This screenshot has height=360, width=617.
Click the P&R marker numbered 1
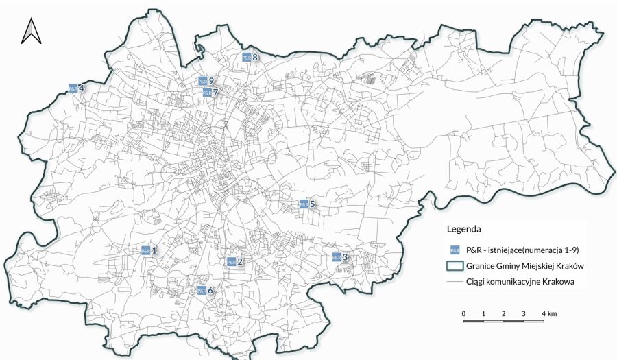point(145,250)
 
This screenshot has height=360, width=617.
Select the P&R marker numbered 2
point(231,261)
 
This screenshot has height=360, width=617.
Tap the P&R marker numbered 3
point(336,257)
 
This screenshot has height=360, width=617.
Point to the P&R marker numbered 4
point(73,88)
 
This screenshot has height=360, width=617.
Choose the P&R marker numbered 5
point(303,204)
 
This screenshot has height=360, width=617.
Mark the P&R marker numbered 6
point(202,291)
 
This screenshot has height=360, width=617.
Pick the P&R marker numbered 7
point(206,92)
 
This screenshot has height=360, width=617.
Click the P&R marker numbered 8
point(246,58)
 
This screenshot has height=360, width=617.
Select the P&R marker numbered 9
point(203,81)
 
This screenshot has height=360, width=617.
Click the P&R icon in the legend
point(452,250)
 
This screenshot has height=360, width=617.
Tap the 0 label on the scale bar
point(464,313)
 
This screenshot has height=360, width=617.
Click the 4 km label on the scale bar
point(548,313)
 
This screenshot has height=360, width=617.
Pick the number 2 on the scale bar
point(504,313)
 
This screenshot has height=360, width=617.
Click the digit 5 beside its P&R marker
point(312,204)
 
